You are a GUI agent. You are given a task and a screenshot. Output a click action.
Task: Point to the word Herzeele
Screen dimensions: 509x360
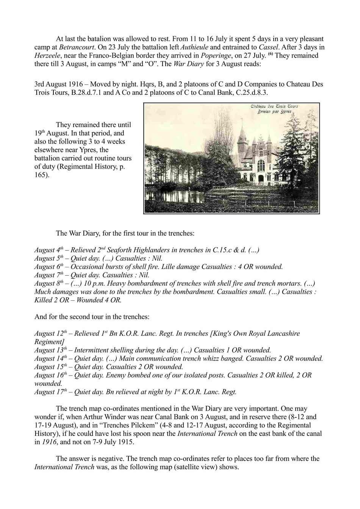[47, 55]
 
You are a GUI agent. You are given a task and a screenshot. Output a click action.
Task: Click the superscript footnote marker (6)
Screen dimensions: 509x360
[270, 54]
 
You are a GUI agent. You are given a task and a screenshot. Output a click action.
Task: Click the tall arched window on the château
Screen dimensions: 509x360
[261, 165]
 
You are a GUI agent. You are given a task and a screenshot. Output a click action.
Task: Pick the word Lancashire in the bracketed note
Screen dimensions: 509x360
[281, 333]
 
